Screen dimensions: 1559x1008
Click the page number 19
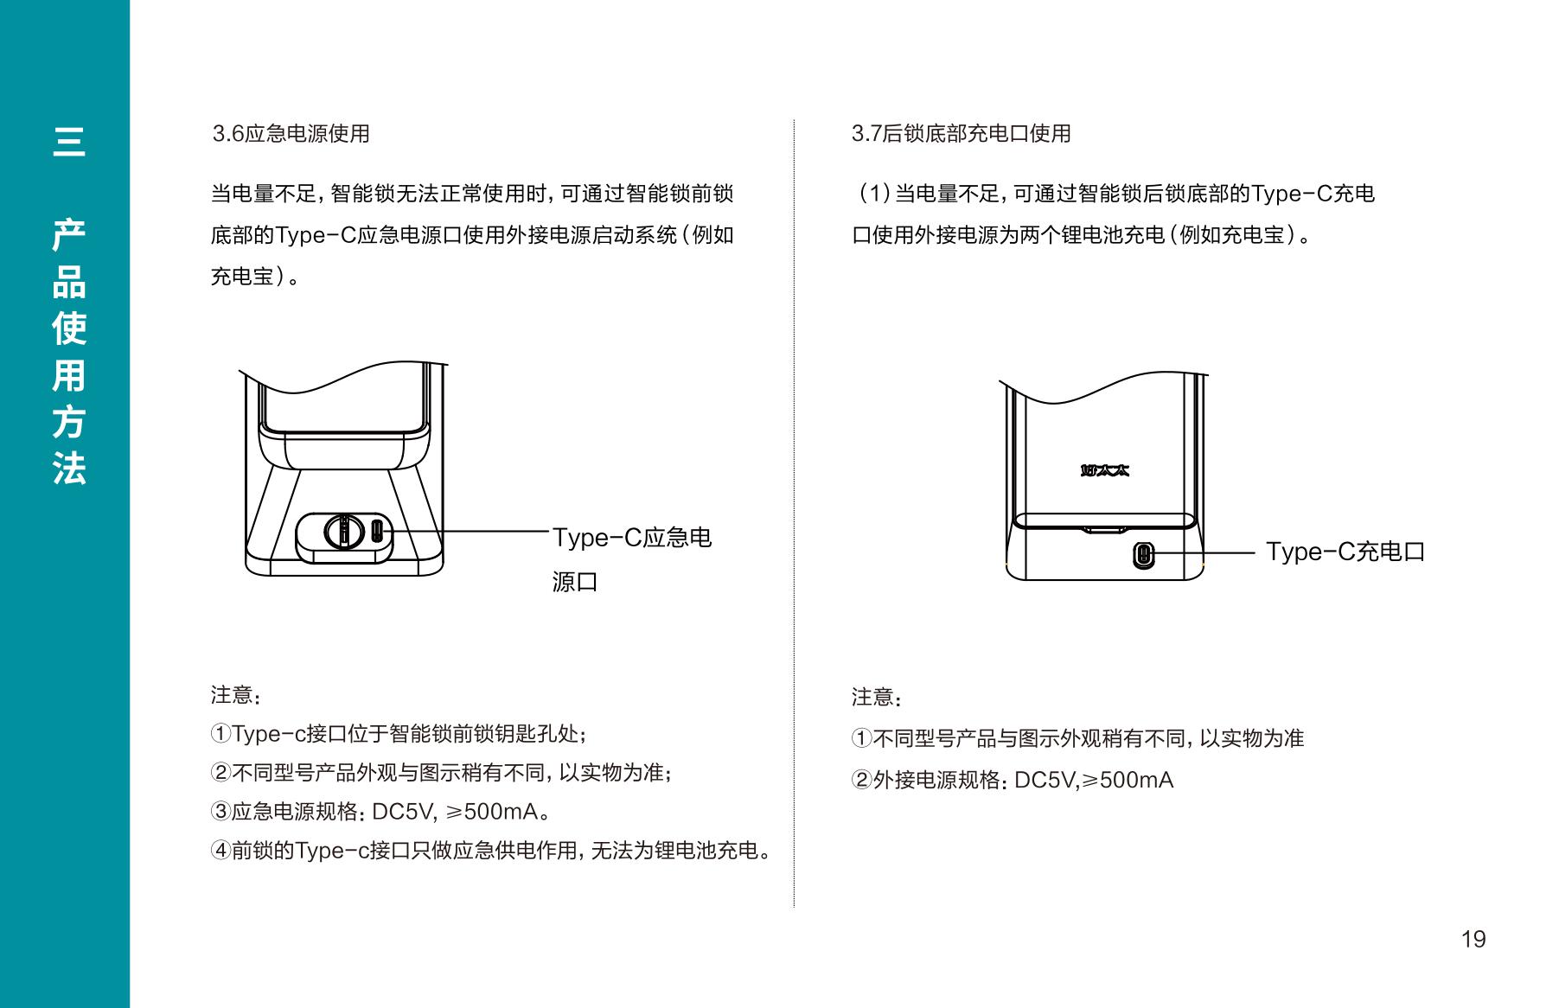(1473, 939)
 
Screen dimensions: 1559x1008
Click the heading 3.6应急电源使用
(291, 134)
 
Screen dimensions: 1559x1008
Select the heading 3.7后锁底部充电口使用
(962, 134)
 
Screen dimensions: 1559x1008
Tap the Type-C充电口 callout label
(1345, 552)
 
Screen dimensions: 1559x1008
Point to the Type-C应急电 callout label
(632, 538)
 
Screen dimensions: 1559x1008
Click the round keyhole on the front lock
(343, 530)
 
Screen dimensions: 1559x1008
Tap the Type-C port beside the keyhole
(377, 530)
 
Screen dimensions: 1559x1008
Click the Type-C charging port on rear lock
(1143, 554)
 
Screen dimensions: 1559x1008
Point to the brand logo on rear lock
(1105, 470)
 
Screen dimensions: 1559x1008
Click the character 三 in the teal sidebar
(69, 141)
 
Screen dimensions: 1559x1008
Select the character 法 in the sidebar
(69, 469)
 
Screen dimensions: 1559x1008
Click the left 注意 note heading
(235, 695)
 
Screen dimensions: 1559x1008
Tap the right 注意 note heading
(876, 697)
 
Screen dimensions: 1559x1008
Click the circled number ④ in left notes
(220, 851)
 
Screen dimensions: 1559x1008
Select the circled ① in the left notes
(220, 734)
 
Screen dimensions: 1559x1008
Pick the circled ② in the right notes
(861, 780)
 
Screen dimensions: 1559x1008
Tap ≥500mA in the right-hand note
(1128, 780)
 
